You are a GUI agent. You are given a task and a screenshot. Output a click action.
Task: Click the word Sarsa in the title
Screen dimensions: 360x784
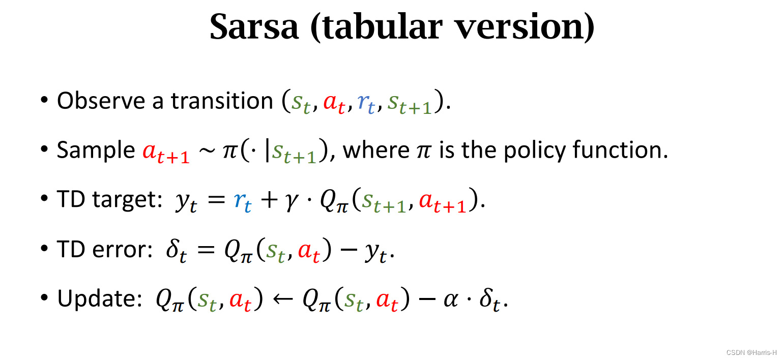click(253, 26)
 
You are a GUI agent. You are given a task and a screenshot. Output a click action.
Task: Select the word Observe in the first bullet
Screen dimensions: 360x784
click(101, 101)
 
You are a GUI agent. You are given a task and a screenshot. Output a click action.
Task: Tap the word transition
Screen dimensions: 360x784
click(222, 101)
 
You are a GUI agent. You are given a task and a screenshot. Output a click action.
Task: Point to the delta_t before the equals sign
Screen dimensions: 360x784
click(176, 251)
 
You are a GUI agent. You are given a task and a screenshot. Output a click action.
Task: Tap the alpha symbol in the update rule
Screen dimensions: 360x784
click(450, 299)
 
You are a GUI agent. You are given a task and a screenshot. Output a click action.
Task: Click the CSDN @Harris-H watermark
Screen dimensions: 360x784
click(751, 352)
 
